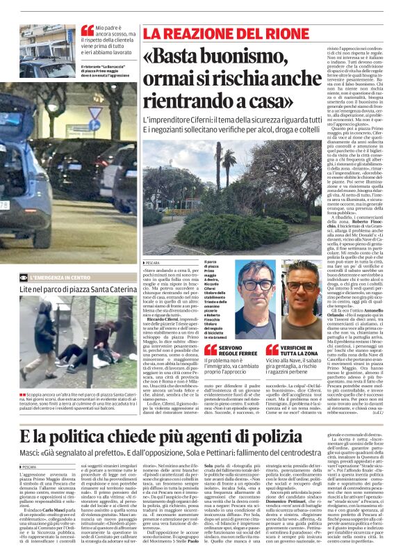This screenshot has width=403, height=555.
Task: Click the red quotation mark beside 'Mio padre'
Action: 87,31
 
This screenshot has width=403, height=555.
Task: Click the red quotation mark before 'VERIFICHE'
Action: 272,349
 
